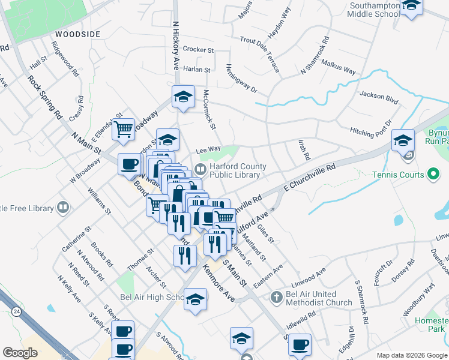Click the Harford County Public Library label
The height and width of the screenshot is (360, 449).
pyautogui.click(x=235, y=171)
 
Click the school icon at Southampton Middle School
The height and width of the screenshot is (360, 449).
pyautogui.click(x=411, y=5)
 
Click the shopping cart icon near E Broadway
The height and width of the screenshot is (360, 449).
pyautogui.click(x=124, y=128)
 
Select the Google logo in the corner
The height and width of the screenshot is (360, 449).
pyautogui.click(x=20, y=352)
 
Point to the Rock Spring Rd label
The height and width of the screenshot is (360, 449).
pyautogui.click(x=45, y=96)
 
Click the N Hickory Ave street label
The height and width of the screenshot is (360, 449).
pyautogui.click(x=176, y=47)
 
